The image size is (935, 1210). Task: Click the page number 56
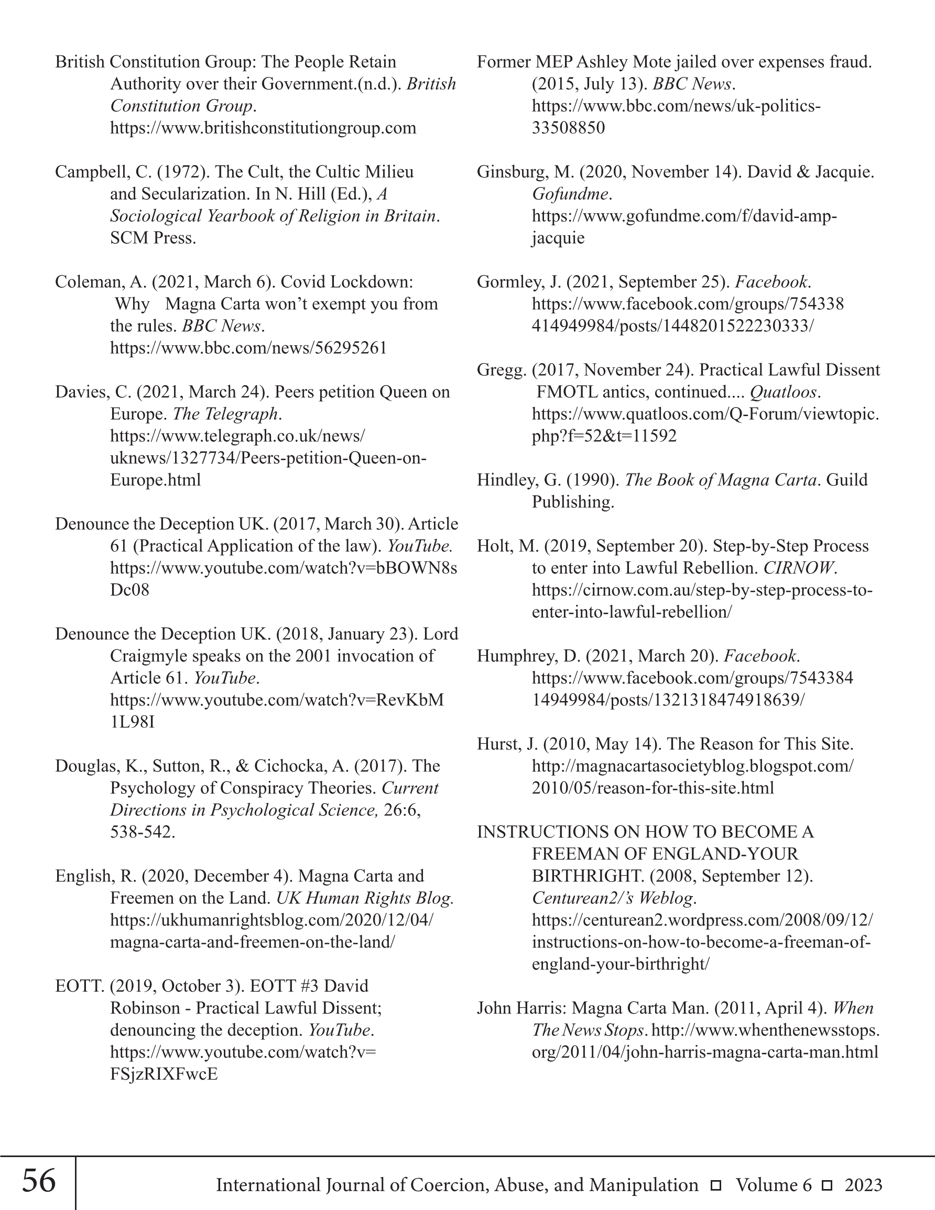39,1181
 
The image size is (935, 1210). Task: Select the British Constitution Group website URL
263,128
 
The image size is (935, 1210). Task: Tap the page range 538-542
142,832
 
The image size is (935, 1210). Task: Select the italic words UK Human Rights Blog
365,898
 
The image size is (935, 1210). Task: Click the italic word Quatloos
783,393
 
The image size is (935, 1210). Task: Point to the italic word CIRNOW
798,568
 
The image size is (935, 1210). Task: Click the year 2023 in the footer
863,1185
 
